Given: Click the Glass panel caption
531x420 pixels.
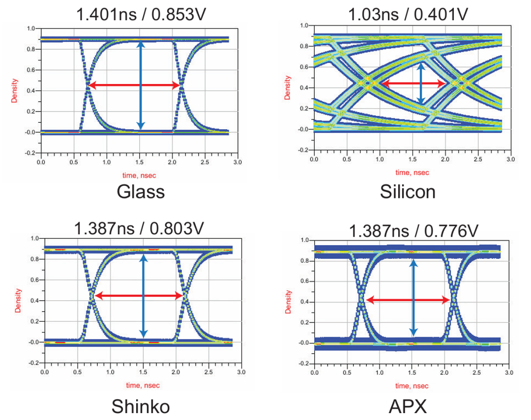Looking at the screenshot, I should [x=141, y=192].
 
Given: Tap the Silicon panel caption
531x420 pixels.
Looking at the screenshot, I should [x=408, y=192].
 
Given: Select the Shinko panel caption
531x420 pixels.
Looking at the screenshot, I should [x=141, y=407].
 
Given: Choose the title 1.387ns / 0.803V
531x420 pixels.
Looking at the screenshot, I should [x=139, y=229].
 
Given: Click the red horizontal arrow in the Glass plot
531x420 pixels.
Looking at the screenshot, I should [x=134, y=85].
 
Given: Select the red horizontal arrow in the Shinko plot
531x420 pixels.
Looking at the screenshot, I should [x=139, y=296].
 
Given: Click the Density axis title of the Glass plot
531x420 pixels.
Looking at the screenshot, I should [x=14, y=91].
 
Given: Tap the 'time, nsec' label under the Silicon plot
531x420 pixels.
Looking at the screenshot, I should [x=412, y=172].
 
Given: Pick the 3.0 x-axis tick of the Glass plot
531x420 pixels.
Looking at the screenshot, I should [x=237, y=161].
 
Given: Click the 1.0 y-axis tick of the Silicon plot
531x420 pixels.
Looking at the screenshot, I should [x=304, y=26].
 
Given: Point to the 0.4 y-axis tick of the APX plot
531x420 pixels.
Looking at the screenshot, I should [x=304, y=302].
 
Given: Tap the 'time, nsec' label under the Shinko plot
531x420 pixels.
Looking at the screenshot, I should [x=143, y=386].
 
